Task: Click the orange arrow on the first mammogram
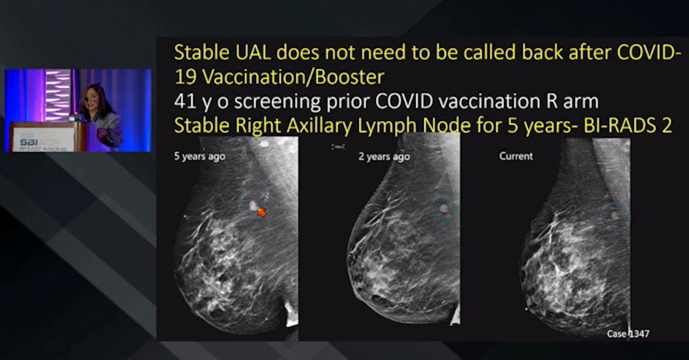tap(262, 212)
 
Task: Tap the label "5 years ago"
tap(200, 156)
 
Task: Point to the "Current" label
tap(516, 156)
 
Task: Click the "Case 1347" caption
tap(628, 333)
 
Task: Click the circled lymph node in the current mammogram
tap(614, 216)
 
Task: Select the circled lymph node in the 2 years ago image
tap(443, 209)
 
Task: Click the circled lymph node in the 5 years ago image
tap(252, 204)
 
